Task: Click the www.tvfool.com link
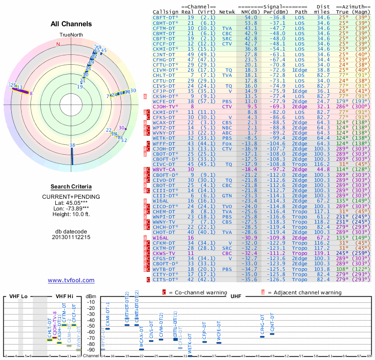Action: [71, 280]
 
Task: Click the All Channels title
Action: [71, 24]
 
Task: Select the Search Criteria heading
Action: [71, 187]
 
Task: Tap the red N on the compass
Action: [59, 45]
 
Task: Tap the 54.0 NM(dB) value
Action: [250, 17]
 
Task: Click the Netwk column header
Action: [227, 11]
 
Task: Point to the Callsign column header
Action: [165, 11]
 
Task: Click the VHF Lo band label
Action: [18, 297]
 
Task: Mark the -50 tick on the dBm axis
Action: [90, 326]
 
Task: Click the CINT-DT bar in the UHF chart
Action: [272, 334]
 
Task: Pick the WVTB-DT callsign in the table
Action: [164, 269]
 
